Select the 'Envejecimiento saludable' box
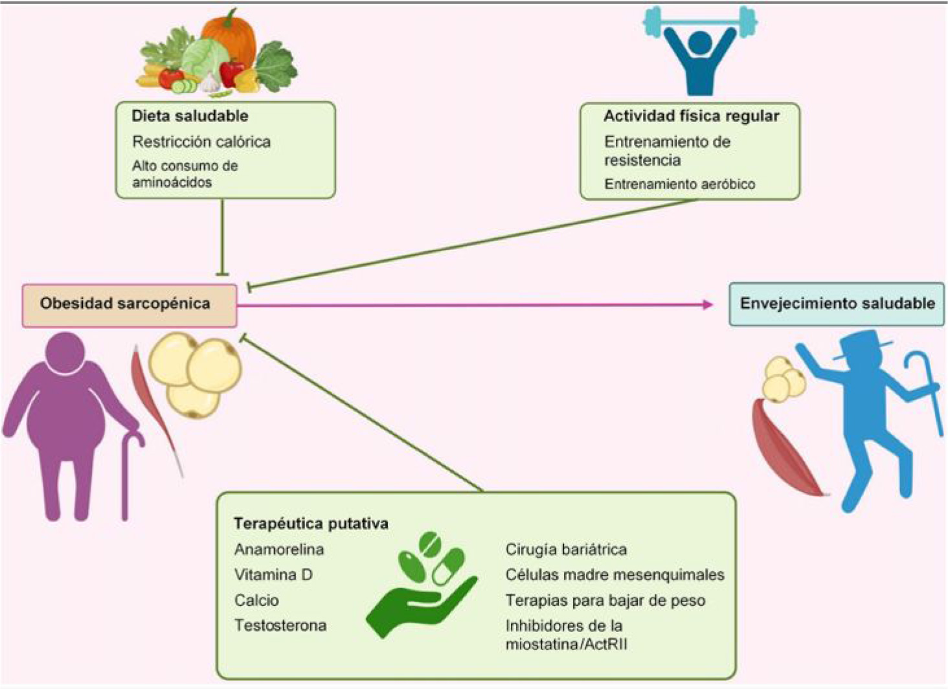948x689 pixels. [837, 304]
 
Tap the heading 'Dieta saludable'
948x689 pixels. [190, 116]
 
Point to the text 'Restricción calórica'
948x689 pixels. [201, 142]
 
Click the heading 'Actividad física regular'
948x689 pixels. [691, 116]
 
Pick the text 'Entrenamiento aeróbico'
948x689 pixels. [679, 184]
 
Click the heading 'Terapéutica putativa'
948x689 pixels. [311, 523]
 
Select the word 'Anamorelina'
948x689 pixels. [279, 550]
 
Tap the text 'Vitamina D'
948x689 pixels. [273, 575]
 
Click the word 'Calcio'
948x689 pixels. [256, 600]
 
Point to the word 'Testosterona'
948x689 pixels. [280, 626]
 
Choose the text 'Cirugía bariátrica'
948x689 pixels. [566, 550]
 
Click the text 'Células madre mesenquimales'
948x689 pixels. [615, 575]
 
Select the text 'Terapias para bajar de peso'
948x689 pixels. [605, 600]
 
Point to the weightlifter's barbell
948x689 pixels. [699, 23]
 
